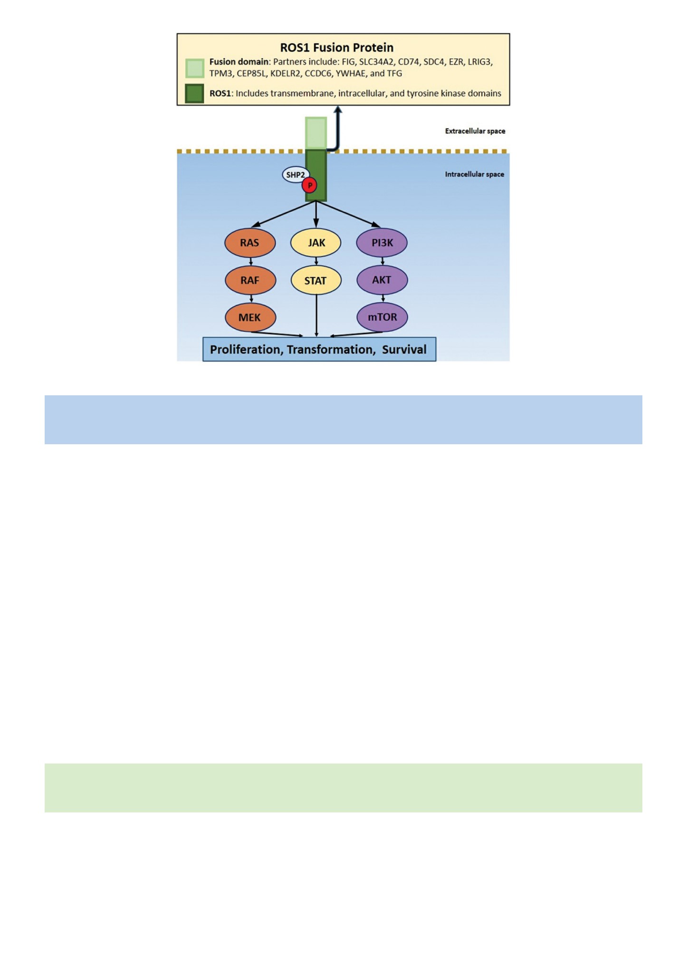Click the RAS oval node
(x=250, y=243)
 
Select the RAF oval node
(x=250, y=280)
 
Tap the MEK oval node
(x=250, y=317)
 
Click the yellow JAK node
(x=316, y=243)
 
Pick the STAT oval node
(x=316, y=280)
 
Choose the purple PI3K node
(x=382, y=243)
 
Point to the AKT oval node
(x=382, y=280)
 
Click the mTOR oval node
(x=382, y=317)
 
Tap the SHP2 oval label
(x=296, y=175)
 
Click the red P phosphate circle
(x=309, y=185)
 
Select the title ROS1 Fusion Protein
(x=337, y=48)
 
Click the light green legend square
(x=195, y=68)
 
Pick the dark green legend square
(x=195, y=93)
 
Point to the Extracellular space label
(x=475, y=131)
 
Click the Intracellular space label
(x=475, y=174)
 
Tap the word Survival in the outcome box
(x=404, y=350)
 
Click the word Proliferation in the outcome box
(x=247, y=350)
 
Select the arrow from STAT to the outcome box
(x=316, y=316)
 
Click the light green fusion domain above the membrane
(x=316, y=133)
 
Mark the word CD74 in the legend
(x=408, y=62)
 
